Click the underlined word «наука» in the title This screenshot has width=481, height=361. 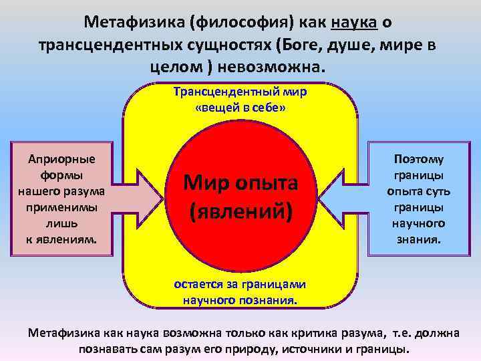pyautogui.click(x=355, y=22)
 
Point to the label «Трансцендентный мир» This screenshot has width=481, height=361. pyautogui.click(x=240, y=92)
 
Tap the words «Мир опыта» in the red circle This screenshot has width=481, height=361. pyautogui.click(x=240, y=182)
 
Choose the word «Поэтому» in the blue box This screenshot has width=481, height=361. pyautogui.click(x=419, y=159)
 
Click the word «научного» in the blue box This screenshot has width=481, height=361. pyautogui.click(x=419, y=223)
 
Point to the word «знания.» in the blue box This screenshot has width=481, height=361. pyautogui.click(x=419, y=239)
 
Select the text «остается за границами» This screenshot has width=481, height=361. pyautogui.click(x=240, y=283)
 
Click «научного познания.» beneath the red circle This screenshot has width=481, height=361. pyautogui.click(x=240, y=299)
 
